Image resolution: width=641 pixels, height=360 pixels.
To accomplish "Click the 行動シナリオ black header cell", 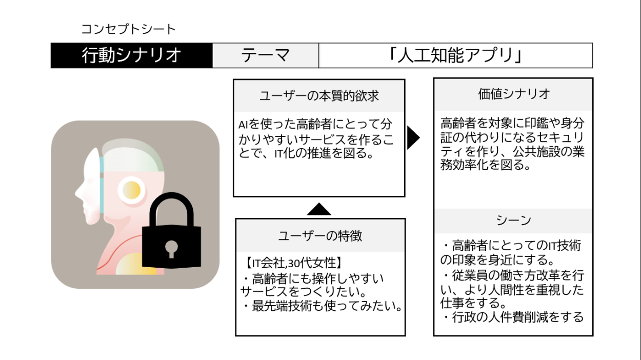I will point(131,55).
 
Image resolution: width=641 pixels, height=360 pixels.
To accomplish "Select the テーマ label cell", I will point(266,55).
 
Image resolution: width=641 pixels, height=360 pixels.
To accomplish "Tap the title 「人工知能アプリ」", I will point(455,55).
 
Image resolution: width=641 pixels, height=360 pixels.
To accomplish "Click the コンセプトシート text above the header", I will point(128,29).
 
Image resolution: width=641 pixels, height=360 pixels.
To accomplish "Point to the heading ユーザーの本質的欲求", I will point(319,96).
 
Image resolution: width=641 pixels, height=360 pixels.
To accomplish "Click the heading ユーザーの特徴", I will point(320,236).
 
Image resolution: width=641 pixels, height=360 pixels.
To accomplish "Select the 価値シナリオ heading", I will point(513,94).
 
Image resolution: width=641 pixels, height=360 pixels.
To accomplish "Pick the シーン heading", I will point(513,221).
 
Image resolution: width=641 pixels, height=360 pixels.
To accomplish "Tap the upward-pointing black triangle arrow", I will point(319,209).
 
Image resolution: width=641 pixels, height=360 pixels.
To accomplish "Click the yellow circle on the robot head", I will point(132,190).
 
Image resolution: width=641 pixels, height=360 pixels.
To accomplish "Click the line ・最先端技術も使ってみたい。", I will point(320,307).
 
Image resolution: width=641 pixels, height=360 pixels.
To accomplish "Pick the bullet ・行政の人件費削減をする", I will point(512,317).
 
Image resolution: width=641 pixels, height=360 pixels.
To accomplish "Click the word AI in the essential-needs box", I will point(244,125).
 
